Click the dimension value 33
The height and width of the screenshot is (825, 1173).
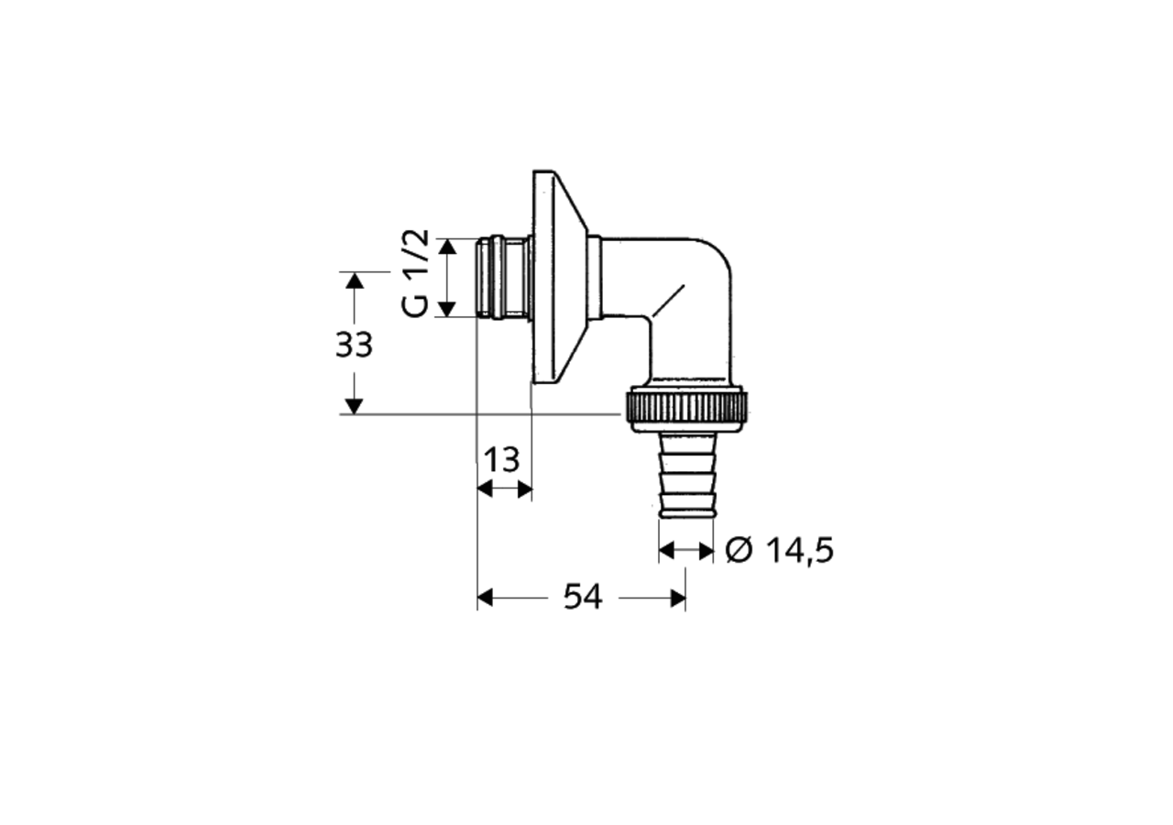(354, 345)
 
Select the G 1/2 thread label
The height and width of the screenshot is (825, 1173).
(416, 273)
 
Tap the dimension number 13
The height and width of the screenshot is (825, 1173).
(501, 460)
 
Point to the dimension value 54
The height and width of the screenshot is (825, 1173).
(583, 597)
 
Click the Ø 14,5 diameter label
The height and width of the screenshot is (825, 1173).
(779, 551)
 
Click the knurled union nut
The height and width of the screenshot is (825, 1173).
(687, 409)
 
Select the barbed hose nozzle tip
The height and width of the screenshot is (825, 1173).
(686, 475)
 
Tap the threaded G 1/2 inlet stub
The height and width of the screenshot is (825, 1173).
(503, 277)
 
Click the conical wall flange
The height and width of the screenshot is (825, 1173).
(560, 277)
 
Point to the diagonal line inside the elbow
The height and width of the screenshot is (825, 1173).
(668, 302)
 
